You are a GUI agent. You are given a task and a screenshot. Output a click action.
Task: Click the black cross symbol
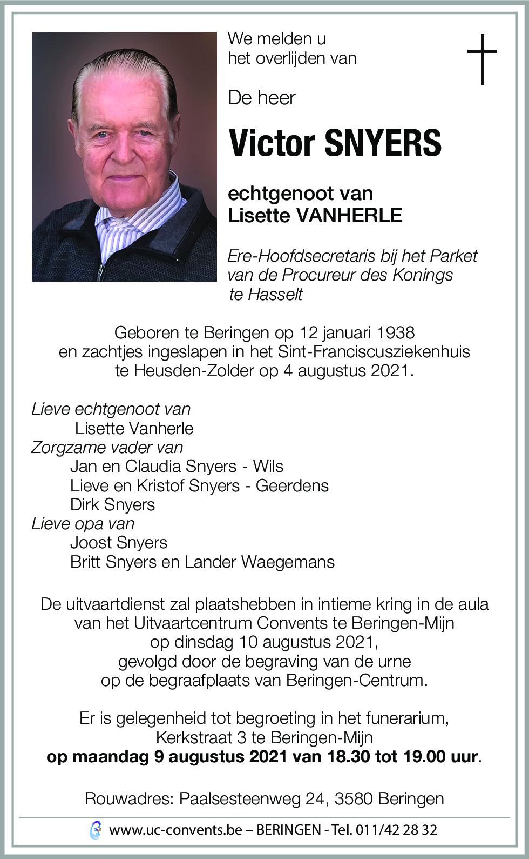coord(481,59)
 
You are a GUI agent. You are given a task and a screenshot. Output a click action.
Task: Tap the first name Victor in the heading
coord(272,143)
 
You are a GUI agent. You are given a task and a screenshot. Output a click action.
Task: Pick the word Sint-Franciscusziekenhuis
coord(374,351)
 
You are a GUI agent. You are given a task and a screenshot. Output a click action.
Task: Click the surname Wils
coord(268,466)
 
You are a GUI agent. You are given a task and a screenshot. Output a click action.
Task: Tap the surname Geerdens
coord(292,485)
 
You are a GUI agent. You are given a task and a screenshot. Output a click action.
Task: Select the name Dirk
coord(85,504)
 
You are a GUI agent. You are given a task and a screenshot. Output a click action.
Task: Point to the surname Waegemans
coord(288,562)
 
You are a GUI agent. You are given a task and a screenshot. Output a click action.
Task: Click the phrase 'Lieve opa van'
coord(83,523)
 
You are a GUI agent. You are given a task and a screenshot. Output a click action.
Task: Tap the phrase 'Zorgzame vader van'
coord(107,447)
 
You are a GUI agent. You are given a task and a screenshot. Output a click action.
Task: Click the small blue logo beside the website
coord(95,830)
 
